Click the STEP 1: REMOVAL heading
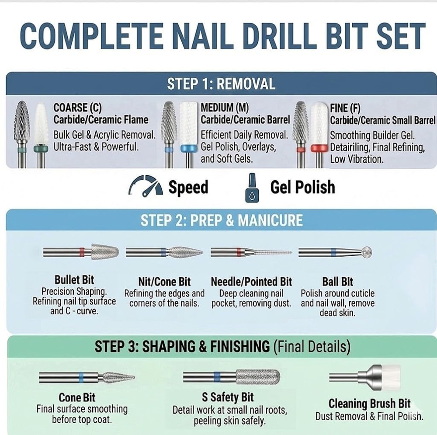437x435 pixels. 221,84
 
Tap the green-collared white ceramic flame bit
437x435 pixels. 41,127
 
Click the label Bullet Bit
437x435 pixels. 74,280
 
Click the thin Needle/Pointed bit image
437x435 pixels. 267,252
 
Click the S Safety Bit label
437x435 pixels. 228,397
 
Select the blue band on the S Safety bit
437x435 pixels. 217,377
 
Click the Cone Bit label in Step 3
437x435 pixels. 77,397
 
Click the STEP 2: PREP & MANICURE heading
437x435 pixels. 221,220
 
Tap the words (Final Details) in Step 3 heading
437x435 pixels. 312,347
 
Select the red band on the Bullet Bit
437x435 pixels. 82,252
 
